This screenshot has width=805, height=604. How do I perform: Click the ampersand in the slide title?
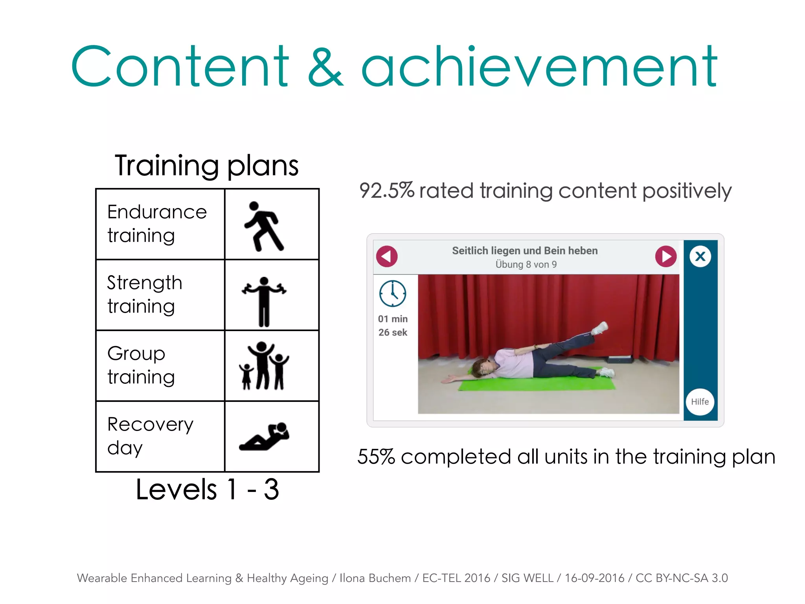coord(325,67)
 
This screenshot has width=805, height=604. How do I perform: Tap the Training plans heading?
coord(207,166)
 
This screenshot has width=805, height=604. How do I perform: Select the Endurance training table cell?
coord(160,224)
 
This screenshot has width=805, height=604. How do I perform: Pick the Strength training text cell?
coord(160,295)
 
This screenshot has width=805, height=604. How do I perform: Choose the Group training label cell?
coord(160,365)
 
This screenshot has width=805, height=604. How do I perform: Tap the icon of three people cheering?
coord(264,366)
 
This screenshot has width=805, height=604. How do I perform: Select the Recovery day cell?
coord(160,436)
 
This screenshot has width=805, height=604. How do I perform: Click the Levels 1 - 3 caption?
coord(207,490)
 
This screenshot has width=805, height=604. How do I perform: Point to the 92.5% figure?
coord(386,191)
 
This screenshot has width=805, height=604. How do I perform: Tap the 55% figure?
coord(376,457)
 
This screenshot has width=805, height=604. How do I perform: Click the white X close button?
coord(700,257)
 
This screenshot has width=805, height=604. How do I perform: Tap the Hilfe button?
coord(700,401)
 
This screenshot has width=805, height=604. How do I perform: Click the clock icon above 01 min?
coord(392,293)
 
